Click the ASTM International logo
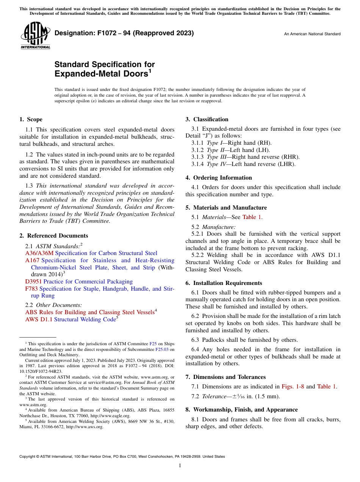(35, 36)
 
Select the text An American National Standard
(312, 34)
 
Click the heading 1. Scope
(31, 119)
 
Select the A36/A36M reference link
(39, 253)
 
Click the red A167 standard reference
(32, 260)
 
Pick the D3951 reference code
(34, 282)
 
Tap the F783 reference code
(31, 289)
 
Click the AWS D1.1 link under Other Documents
(39, 319)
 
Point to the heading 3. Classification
(207, 119)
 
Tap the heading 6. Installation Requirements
(224, 283)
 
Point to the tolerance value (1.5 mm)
(267, 397)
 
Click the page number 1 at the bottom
(180, 465)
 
